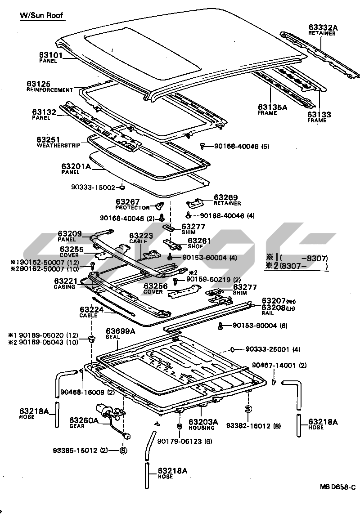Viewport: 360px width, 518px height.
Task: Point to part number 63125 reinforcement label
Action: [38, 84]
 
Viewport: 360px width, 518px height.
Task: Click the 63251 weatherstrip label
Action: [48, 140]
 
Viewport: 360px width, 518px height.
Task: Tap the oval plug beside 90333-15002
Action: [122, 187]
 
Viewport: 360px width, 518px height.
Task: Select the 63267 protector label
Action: [127, 202]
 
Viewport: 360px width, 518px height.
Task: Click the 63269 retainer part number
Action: [225, 197]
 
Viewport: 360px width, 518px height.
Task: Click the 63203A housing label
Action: [203, 421]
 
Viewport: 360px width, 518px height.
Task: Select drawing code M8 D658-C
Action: [337, 487]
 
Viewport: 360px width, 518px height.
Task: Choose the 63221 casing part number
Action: [66, 281]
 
